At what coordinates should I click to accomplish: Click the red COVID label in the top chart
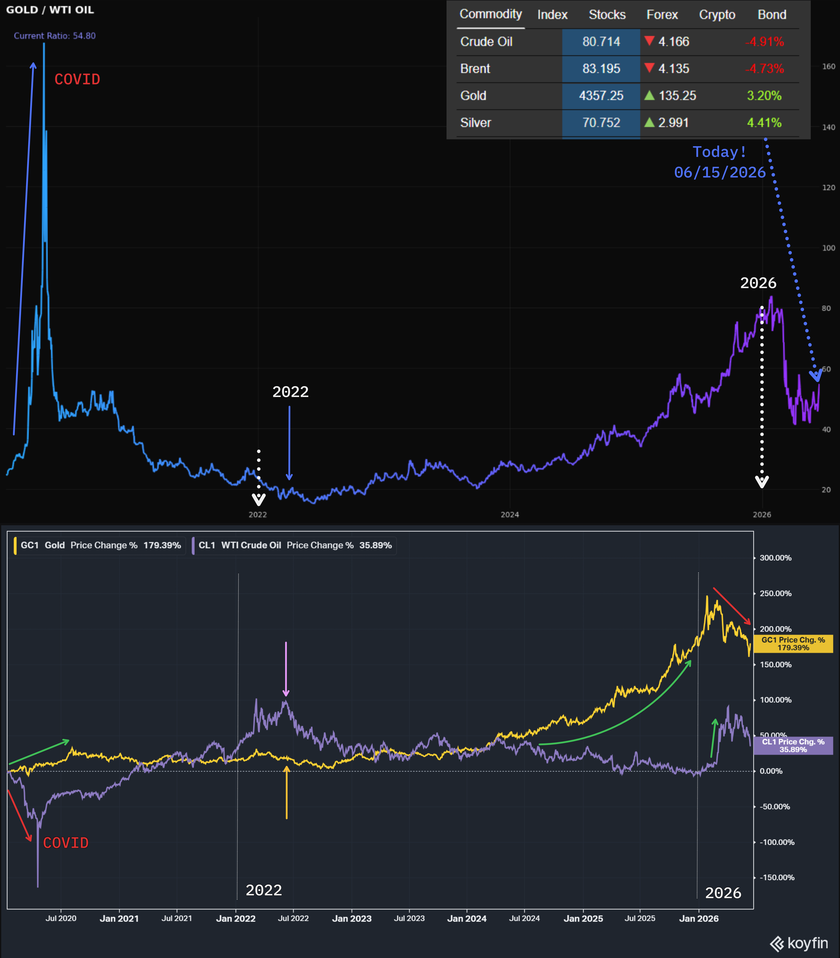(77, 79)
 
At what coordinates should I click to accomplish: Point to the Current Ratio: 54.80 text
(55, 36)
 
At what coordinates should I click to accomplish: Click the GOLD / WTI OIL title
(50, 10)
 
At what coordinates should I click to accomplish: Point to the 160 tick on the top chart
(828, 66)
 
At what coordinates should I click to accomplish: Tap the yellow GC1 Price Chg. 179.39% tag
(793, 644)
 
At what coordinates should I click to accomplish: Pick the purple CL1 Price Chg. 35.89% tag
(793, 745)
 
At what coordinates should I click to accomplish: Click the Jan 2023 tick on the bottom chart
(352, 919)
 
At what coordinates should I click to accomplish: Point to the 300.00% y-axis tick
(775, 558)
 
